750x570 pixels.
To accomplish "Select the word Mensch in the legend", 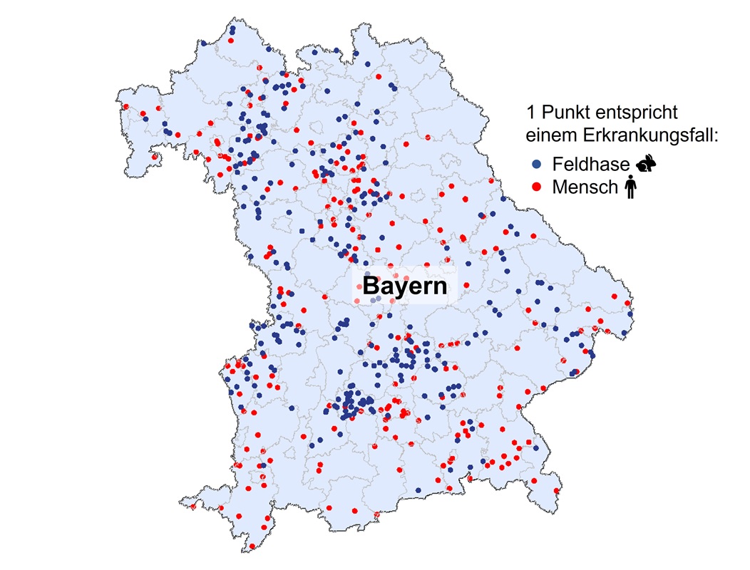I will pyautogui.click(x=586, y=187).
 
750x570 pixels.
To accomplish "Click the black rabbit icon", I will pyautogui.click(x=646, y=165).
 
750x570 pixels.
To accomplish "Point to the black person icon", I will pyautogui.click(x=630, y=188).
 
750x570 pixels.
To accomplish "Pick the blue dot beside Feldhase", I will pyautogui.click(x=537, y=165).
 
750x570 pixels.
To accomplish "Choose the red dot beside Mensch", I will pyautogui.click(x=537, y=187).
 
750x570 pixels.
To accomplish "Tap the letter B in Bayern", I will pyautogui.click(x=371, y=286).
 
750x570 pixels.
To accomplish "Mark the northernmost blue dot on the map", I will pyautogui.click(x=232, y=31).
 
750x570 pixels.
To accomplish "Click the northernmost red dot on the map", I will pyautogui.click(x=230, y=41).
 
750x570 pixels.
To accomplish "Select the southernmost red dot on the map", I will pyautogui.click(x=252, y=547).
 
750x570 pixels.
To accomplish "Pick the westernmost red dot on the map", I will pyautogui.click(x=126, y=107).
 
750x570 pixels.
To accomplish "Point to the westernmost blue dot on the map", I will pyautogui.click(x=145, y=119).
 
